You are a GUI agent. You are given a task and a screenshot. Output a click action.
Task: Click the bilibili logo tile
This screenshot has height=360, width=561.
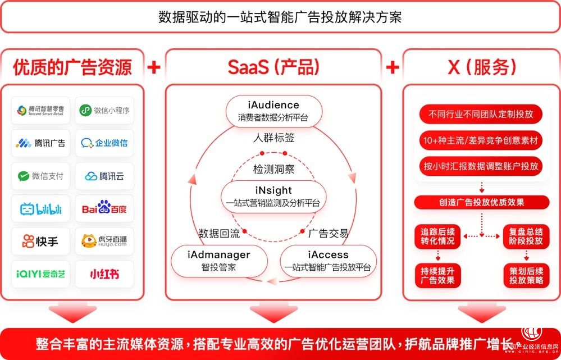tap(41, 209)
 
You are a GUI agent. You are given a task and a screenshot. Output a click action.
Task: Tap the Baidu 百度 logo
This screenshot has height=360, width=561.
tap(104, 209)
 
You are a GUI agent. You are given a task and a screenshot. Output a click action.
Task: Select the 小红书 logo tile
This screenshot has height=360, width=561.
tap(104, 274)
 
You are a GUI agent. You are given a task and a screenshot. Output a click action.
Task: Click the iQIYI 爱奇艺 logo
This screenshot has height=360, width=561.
tap(41, 274)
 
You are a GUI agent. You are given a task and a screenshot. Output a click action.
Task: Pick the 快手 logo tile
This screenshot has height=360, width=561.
tap(41, 241)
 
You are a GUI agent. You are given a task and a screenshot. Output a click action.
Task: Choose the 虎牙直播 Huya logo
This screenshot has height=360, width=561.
tap(104, 241)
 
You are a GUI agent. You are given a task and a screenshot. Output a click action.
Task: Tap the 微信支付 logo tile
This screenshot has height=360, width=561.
tap(41, 176)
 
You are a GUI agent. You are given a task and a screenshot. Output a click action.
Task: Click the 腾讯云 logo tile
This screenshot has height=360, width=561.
tap(104, 176)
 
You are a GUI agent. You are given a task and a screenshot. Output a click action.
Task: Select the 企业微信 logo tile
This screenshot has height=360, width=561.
tap(104, 143)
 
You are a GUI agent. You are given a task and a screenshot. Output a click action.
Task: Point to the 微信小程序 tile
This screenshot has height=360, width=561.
tap(104, 110)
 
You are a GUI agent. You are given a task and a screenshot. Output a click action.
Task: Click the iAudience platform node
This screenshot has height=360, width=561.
tap(273, 111)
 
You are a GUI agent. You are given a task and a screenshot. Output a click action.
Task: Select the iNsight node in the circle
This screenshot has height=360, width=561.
tap(273, 197)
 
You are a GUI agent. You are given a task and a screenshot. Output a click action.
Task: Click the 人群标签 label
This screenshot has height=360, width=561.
tap(273, 138)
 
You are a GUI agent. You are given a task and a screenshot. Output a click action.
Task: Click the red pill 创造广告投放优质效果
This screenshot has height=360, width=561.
tap(481, 203)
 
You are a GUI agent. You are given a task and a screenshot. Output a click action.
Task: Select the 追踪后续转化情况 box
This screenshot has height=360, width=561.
tap(438, 236)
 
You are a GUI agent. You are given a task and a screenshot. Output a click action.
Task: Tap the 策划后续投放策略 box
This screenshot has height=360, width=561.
tap(526, 275)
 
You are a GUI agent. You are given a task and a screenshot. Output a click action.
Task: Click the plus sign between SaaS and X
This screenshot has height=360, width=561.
tap(393, 67)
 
